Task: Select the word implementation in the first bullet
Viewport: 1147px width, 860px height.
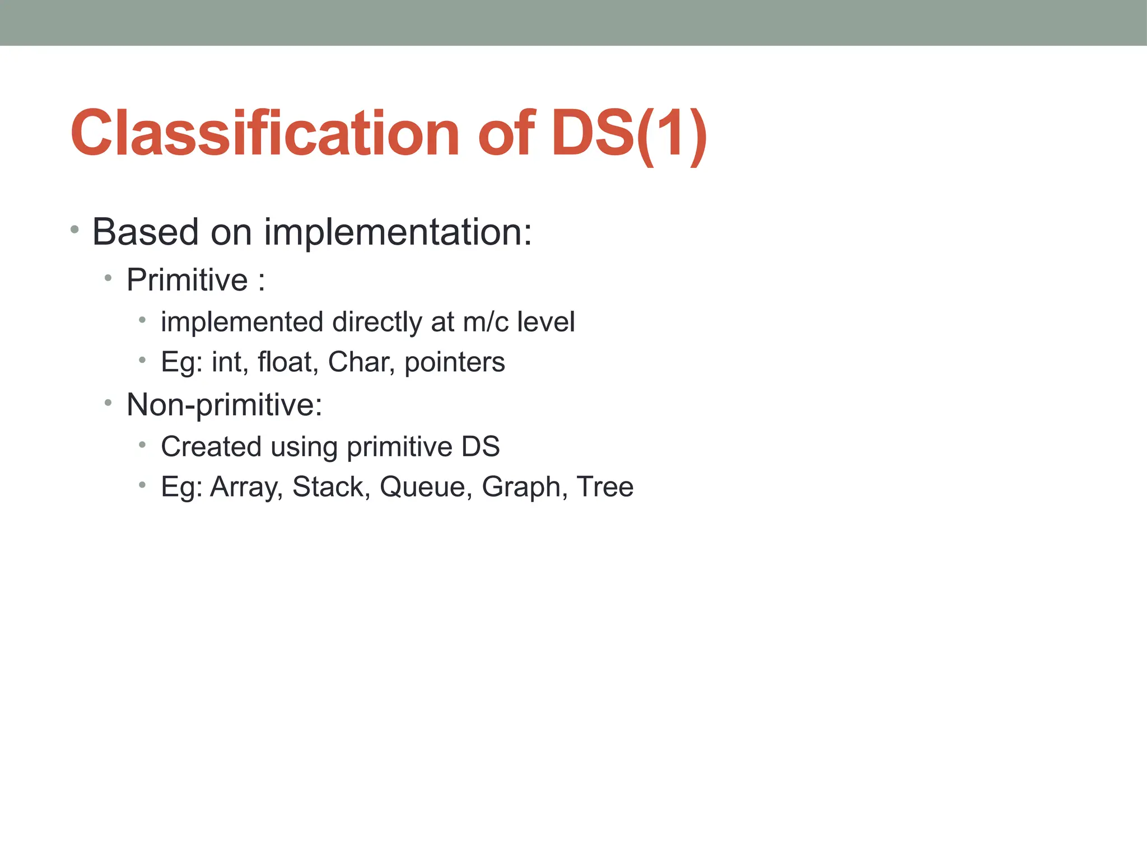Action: click(x=398, y=232)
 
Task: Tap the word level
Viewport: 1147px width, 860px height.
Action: click(x=546, y=322)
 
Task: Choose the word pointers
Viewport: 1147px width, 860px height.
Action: click(x=455, y=363)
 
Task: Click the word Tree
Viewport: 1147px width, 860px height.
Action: click(x=605, y=486)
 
